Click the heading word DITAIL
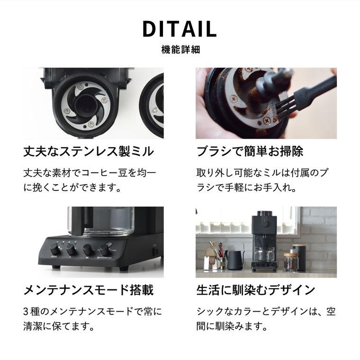tap(180, 29)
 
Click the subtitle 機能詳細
tap(180, 49)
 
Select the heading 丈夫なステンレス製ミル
tap(89, 152)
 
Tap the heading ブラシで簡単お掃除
tap(250, 152)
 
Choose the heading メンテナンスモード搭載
tap(89, 289)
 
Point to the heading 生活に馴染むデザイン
tap(256, 289)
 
